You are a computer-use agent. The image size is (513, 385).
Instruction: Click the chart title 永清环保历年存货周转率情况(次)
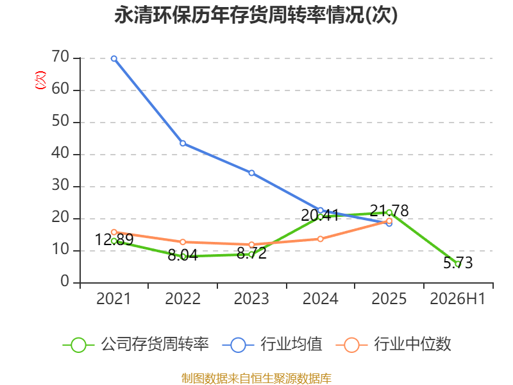pyautogui.click(x=256, y=15)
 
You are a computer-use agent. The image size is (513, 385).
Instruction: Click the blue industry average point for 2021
pyautogui.click(x=114, y=58)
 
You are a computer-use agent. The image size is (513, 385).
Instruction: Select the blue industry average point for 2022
pyautogui.click(x=183, y=143)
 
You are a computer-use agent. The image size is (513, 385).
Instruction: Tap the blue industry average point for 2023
pyautogui.click(x=251, y=173)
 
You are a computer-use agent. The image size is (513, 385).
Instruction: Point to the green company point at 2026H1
pyautogui.click(x=458, y=264)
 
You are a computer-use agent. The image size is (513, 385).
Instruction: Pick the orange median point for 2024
pyautogui.click(x=320, y=239)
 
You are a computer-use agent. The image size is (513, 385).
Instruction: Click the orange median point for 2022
pyautogui.click(x=183, y=242)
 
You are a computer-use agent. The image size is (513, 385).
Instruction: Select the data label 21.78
pyautogui.click(x=389, y=210)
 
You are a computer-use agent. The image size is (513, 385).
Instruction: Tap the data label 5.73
pyautogui.click(x=458, y=262)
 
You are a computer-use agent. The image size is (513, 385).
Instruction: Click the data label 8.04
pyautogui.click(x=183, y=255)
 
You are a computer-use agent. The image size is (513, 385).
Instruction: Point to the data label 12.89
pyautogui.click(x=114, y=239)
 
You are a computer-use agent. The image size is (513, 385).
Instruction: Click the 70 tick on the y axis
pyautogui.click(x=60, y=57)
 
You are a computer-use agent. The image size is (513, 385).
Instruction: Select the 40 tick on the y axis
pyautogui.click(x=60, y=153)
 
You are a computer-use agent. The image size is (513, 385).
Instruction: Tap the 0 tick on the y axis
pyautogui.click(x=65, y=282)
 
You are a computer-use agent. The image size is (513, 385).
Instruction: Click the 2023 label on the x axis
pyautogui.click(x=251, y=299)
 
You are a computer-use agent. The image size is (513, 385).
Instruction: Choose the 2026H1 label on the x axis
pyautogui.click(x=458, y=299)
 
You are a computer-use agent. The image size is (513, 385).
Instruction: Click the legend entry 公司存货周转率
pyautogui.click(x=135, y=345)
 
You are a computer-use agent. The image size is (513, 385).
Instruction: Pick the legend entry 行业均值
pyautogui.click(x=272, y=345)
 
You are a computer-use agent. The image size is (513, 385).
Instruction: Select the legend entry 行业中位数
pyautogui.click(x=393, y=345)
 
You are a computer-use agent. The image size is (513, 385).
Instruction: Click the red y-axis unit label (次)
pyautogui.click(x=40, y=80)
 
